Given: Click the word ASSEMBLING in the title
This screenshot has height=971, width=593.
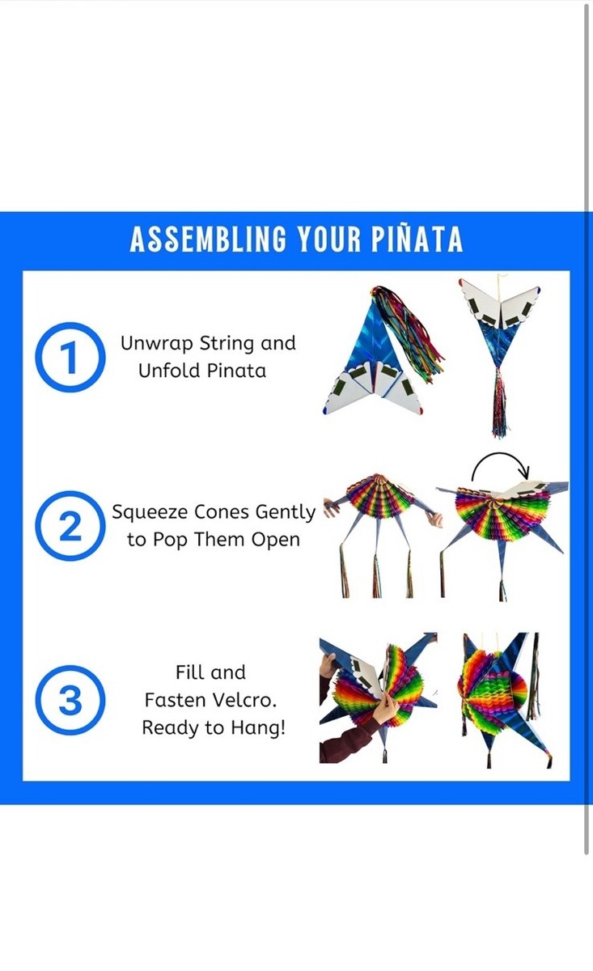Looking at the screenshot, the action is [209, 240].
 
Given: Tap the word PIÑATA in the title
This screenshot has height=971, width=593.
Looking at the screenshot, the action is [417, 238].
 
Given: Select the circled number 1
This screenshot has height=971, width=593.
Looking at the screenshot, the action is [70, 357].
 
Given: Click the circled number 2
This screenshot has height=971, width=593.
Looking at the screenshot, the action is [70, 526].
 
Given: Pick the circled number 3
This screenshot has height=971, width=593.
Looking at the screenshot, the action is [70, 701].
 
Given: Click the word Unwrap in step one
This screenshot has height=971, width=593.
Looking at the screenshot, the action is [157, 344].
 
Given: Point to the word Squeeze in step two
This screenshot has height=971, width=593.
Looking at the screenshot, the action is [150, 513].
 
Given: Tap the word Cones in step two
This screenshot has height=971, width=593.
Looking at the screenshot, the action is [222, 512].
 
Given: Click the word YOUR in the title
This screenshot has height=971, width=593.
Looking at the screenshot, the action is [329, 240].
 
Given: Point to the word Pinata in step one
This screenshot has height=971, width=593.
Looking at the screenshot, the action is [236, 371].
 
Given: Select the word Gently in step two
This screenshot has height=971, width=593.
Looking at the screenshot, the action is [286, 513].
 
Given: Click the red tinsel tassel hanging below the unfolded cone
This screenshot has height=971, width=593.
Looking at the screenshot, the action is [499, 402].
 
